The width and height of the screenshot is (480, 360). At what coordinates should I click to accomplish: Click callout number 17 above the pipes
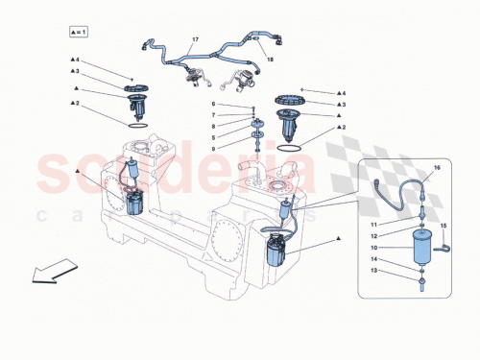[x=194, y=39]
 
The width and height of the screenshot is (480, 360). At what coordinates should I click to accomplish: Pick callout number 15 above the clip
[x=443, y=226]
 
